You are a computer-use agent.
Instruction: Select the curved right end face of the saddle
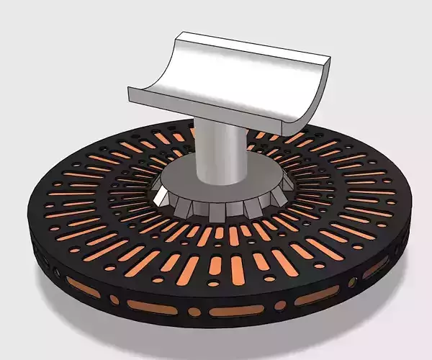pyautogui.click(x=315, y=101)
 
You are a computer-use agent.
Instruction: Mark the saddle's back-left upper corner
pyautogui.click(x=181, y=33)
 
